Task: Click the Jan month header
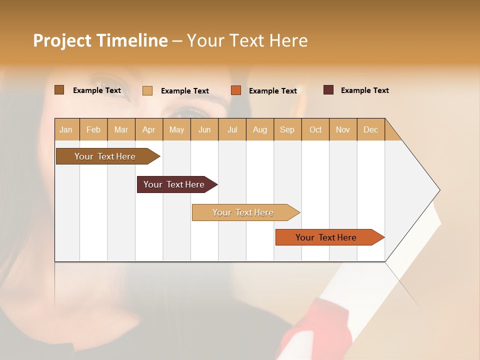click(x=66, y=129)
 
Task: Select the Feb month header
click(x=93, y=129)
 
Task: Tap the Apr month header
click(x=149, y=129)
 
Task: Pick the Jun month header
click(x=204, y=129)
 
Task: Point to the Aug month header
click(x=260, y=129)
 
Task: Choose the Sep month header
click(x=287, y=129)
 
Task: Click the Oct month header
click(x=315, y=129)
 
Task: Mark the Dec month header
click(x=371, y=129)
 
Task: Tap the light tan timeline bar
click(x=243, y=212)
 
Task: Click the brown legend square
click(x=59, y=90)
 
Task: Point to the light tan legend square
click(x=147, y=90)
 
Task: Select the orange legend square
click(x=236, y=90)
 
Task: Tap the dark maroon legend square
click(x=328, y=90)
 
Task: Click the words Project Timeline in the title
click(x=100, y=40)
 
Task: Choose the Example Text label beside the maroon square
click(x=364, y=90)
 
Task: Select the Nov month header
click(x=343, y=129)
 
